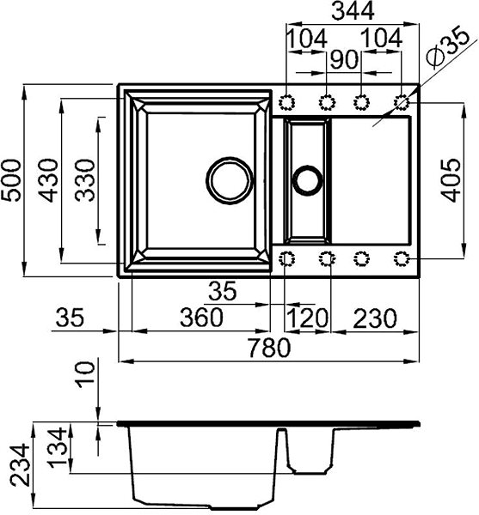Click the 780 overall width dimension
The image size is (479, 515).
click(x=269, y=348)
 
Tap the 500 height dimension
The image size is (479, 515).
click(x=11, y=180)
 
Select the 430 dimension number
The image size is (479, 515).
click(x=48, y=180)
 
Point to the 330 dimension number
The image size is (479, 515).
click(x=85, y=180)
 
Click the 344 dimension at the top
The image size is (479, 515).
click(x=353, y=11)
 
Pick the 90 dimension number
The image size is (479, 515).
click(x=344, y=60)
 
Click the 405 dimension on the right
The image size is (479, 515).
click(x=451, y=180)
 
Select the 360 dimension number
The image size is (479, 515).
click(x=202, y=318)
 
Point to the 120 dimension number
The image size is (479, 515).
click(x=308, y=318)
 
